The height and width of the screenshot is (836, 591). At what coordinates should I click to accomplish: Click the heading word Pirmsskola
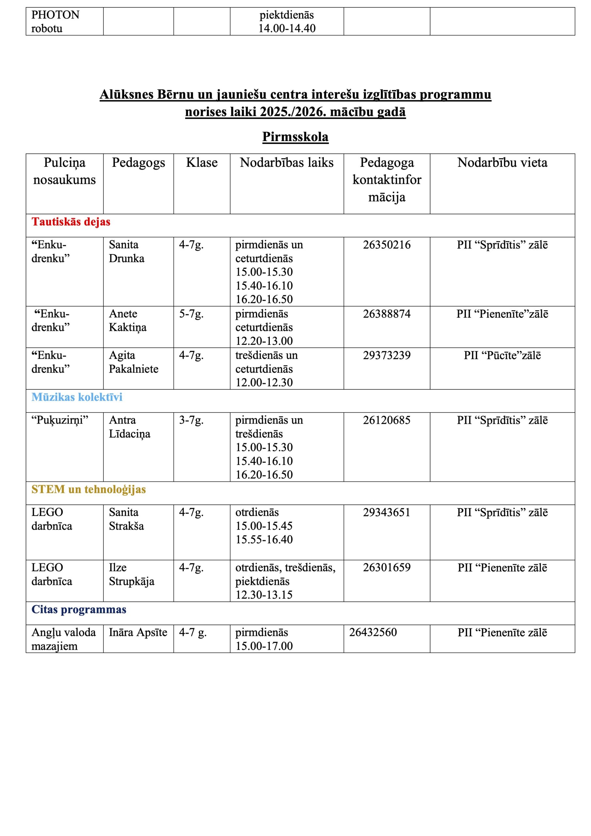coord(295,137)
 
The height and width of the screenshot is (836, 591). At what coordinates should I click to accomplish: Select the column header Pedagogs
coord(138,162)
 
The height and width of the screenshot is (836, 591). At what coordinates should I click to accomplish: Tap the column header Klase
coord(202,162)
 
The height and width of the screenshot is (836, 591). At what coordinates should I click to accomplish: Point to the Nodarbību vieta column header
coord(502,162)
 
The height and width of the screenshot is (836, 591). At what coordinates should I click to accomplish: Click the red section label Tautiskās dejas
coord(71,222)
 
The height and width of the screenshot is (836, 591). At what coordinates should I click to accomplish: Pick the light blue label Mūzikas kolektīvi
coord(77,397)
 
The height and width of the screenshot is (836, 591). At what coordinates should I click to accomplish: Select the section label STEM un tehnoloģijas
coord(88,490)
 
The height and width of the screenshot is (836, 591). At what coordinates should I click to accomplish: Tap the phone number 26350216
coord(386,245)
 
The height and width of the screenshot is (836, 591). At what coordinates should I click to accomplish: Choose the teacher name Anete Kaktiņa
coord(127,320)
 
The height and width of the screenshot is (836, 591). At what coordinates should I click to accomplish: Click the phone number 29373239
coord(386,355)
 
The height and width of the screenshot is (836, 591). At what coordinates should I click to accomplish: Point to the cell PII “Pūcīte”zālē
coord(502,355)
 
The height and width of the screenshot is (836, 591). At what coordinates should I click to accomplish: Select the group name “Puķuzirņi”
coord(60,420)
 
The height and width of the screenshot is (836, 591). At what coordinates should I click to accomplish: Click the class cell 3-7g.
coord(191,420)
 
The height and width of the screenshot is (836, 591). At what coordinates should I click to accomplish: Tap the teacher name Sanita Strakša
coord(126,519)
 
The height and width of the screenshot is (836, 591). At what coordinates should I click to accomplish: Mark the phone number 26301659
coord(386,567)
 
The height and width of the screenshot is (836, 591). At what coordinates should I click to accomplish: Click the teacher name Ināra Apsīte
coord(138,633)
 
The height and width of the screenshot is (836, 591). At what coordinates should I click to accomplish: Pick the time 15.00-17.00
coord(264,646)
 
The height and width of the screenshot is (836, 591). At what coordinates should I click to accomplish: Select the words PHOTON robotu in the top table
coord(55,22)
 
